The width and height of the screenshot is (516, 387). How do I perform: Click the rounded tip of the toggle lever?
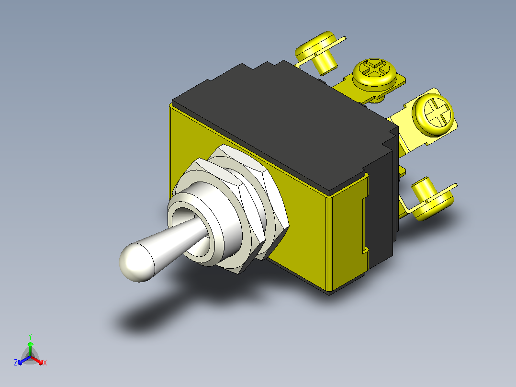point(135,262)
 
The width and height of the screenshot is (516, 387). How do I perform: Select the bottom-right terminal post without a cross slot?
point(432,199)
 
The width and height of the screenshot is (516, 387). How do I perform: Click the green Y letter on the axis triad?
point(30,337)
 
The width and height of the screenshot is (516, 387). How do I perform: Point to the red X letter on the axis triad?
point(45,363)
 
